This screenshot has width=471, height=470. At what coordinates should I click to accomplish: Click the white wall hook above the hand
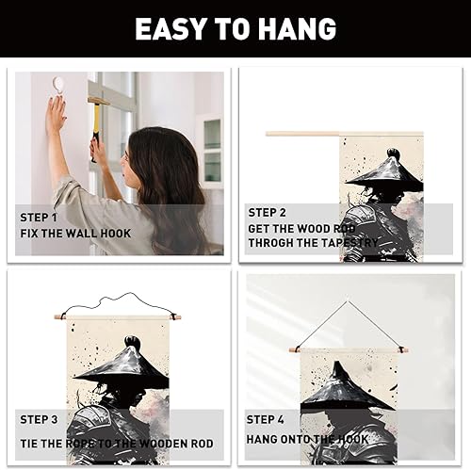(x=58, y=84)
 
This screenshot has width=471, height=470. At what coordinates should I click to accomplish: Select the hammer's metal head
(x=98, y=101)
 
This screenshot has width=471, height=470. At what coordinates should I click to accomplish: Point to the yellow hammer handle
(x=96, y=122)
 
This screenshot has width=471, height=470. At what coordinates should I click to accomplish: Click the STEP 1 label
(x=39, y=218)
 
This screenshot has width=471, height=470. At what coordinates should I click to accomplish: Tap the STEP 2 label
(x=268, y=213)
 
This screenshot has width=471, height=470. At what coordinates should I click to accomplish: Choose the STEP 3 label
(x=39, y=419)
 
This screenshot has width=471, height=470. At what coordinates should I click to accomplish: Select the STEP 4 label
(x=266, y=419)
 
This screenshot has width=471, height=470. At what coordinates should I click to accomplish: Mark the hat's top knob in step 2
(x=393, y=154)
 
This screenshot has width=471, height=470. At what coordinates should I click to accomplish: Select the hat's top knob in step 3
(x=131, y=341)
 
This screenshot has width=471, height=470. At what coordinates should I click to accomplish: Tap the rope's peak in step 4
(x=348, y=301)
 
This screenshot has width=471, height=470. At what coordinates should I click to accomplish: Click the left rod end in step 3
(x=58, y=316)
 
